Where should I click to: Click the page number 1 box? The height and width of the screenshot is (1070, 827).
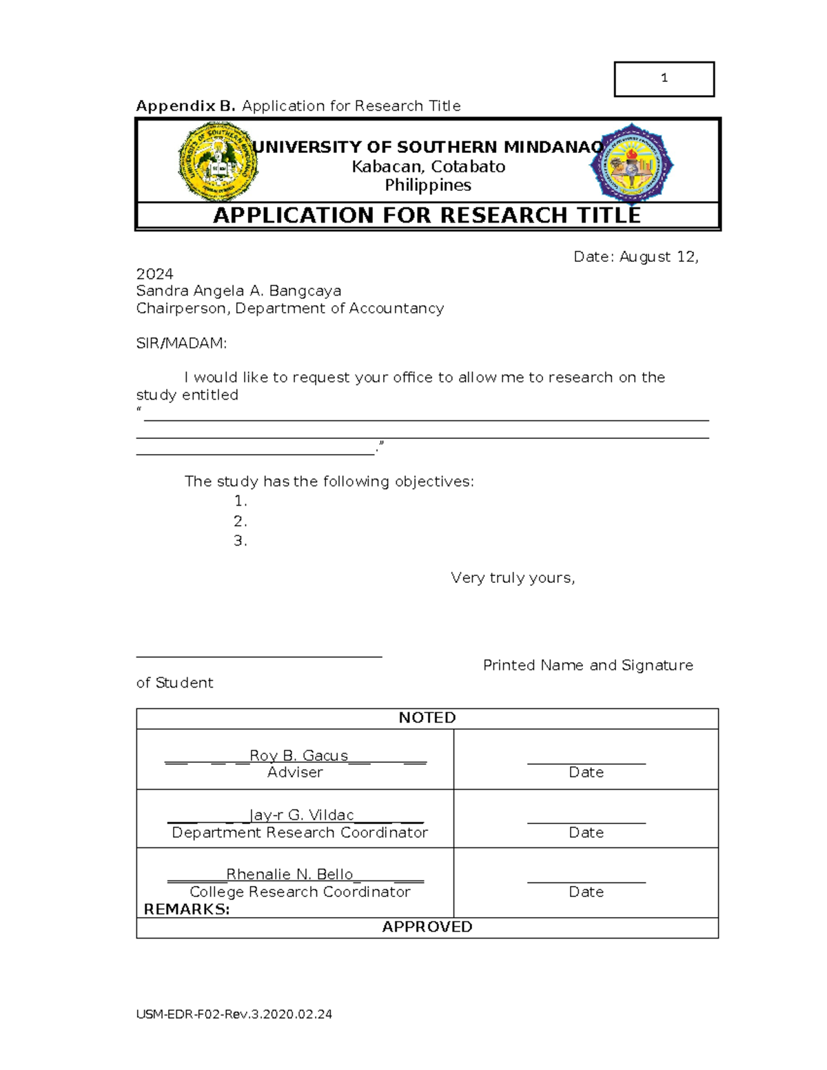tap(664, 79)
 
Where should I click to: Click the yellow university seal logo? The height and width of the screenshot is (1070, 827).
tap(218, 162)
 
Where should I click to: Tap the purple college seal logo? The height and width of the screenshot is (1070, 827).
tap(631, 164)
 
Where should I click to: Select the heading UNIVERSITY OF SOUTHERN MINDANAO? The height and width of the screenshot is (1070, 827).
tap(427, 147)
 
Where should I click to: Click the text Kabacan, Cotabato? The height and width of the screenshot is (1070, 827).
tap(428, 167)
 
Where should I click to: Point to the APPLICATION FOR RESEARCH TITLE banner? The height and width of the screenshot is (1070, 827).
tap(427, 216)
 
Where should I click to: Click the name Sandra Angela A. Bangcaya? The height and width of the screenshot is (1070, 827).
tap(238, 291)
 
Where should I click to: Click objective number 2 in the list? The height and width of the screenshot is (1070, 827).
tap(240, 521)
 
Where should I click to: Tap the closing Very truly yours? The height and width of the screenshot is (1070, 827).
tap(513, 578)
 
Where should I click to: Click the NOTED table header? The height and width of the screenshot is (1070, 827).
tap(427, 718)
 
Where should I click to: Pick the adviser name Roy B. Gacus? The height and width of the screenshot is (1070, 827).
tap(298, 756)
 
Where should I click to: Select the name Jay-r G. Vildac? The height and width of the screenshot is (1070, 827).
tap(301, 815)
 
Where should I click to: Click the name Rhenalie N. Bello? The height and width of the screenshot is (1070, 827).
tap(289, 874)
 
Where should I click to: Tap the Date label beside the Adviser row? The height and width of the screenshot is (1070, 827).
tap(586, 772)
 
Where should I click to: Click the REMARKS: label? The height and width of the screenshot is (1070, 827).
tap(186, 909)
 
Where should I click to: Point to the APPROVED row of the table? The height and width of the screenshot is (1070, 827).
tap(427, 927)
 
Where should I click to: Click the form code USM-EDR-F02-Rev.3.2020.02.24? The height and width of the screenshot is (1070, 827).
tap(234, 1014)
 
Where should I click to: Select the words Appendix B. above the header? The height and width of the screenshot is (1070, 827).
tap(185, 106)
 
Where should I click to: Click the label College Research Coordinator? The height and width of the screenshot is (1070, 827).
tap(300, 892)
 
